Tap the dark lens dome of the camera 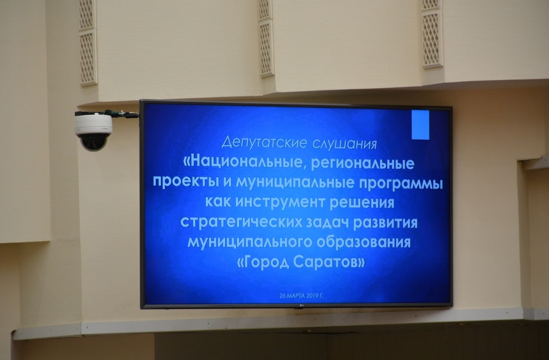tap(93, 142)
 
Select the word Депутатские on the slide tap(265, 142)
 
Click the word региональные tap(363, 163)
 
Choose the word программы tap(401, 184)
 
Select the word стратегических tap(241, 222)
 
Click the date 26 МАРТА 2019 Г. tap(301, 296)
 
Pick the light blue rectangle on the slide tap(420, 125)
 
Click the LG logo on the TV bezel tap(300, 307)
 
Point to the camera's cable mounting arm tap(107, 114)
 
